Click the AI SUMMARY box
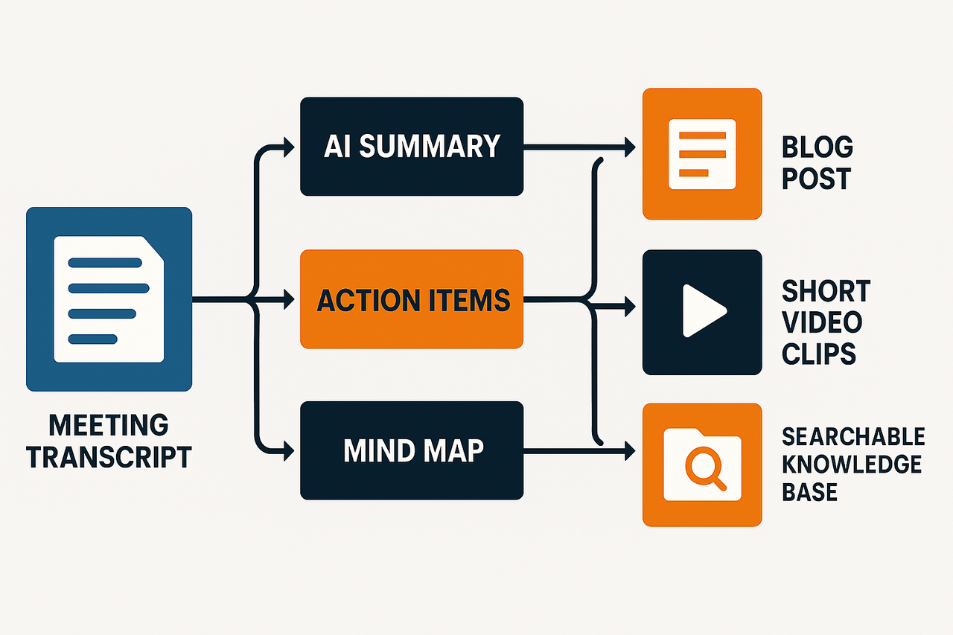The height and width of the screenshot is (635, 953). tap(411, 147)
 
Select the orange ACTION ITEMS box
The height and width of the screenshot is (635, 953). tap(411, 299)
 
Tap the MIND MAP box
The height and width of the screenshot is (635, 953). tap(411, 450)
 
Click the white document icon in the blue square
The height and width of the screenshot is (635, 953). tap(109, 299)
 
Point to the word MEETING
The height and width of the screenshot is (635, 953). tap(109, 426)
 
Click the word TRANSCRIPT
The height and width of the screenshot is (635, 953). tap(109, 457)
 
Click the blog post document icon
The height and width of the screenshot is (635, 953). tap(702, 153)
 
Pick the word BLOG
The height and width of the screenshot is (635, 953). tap(817, 147)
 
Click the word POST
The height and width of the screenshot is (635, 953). tap(816, 179)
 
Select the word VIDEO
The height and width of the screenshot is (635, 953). tap(822, 322)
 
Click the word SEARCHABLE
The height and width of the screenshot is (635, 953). tap(853, 435)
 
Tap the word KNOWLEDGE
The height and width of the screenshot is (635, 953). tap(852, 464)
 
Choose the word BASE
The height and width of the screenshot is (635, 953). tap(809, 492)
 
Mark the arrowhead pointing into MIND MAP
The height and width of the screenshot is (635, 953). tap(289, 450)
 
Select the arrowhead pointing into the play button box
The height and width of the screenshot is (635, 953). tap(630, 304)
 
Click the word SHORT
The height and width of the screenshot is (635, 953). tap(826, 290)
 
